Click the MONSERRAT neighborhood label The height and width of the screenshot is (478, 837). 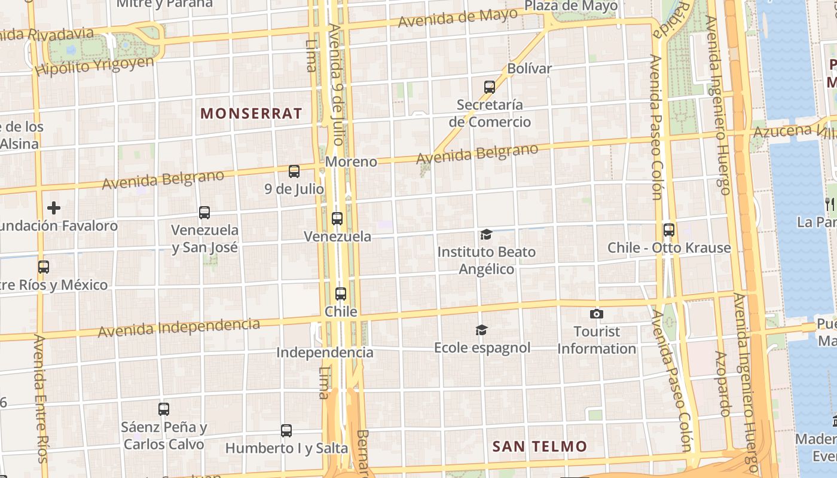click(x=251, y=114)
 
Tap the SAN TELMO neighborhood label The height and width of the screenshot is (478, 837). click(x=539, y=446)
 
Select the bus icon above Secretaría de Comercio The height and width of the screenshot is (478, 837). click(x=490, y=87)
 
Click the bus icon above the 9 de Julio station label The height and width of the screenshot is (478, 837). click(x=294, y=171)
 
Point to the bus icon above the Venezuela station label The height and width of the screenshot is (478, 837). click(x=337, y=219)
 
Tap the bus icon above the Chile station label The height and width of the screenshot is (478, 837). click(x=341, y=294)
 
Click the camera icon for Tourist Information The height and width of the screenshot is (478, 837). click(x=596, y=314)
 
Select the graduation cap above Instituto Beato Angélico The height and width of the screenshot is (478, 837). click(x=486, y=234)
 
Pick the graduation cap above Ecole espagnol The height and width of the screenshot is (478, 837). click(x=481, y=330)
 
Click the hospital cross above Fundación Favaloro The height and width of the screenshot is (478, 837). click(x=54, y=208)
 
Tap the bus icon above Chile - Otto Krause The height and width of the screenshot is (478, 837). click(x=669, y=230)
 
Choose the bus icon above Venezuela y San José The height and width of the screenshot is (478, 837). click(x=204, y=213)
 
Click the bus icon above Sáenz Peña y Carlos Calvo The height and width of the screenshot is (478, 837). click(x=164, y=409)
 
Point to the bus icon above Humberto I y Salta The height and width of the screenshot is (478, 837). click(x=286, y=430)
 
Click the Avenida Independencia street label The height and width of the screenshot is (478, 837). click(x=179, y=327)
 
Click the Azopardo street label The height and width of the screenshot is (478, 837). click(x=724, y=384)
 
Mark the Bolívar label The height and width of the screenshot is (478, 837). click(x=529, y=69)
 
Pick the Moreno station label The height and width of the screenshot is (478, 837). click(x=352, y=162)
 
